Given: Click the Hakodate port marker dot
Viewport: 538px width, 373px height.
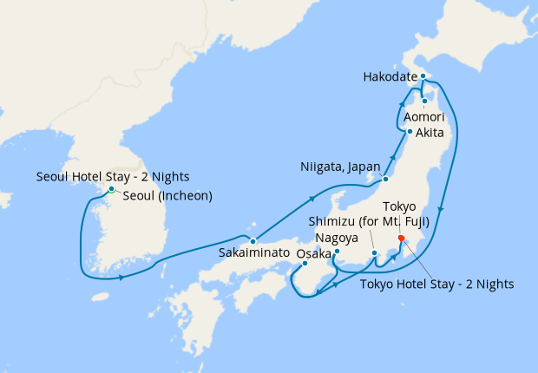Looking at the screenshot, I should point(423,77).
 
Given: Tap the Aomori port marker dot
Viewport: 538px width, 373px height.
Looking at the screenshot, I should point(424,101).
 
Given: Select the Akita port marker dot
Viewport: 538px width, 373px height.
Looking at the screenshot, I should point(410,132).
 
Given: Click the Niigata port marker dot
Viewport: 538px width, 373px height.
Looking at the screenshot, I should point(384,180).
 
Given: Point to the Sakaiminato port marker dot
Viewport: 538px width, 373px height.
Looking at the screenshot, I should point(253,241).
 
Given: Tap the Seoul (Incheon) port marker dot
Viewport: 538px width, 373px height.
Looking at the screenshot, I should point(111,189).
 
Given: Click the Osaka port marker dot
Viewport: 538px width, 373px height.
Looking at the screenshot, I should point(305,264).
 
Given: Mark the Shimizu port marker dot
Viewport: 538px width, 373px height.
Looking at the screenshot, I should point(375,254).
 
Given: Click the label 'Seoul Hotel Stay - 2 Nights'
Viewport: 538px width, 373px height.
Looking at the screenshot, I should point(113,177).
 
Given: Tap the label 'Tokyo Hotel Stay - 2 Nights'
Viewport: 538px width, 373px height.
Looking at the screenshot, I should point(437,284).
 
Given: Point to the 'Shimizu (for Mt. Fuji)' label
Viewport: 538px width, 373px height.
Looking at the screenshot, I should point(369,220).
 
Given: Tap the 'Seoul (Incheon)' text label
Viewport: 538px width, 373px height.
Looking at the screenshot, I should point(167,196).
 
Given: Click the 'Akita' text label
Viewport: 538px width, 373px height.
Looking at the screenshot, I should point(430,133).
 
